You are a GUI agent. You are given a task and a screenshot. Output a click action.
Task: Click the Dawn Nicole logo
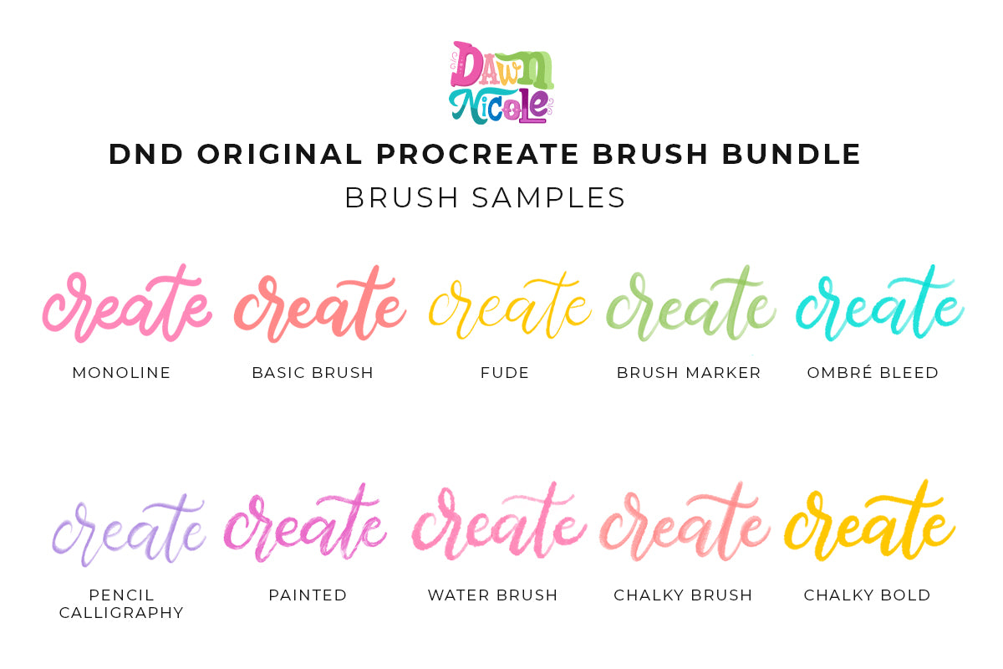coord(501,83)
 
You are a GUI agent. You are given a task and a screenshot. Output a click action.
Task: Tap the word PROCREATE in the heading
coord(478,154)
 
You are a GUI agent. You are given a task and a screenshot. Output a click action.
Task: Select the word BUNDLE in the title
coord(792,154)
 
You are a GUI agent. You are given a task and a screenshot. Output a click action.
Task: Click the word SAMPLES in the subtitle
coord(548,197)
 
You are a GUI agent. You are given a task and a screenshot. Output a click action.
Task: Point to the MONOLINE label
coord(121,373)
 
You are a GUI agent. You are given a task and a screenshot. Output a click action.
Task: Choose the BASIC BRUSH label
coord(313,373)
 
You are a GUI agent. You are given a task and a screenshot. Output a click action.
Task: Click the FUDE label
coord(505,373)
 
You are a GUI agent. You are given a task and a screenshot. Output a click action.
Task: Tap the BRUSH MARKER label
coord(689,373)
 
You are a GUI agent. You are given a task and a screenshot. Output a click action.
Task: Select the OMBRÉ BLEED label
coord(873,372)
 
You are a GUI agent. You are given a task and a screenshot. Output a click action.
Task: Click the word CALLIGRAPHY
coord(121,612)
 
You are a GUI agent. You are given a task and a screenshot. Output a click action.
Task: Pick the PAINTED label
coord(308,595)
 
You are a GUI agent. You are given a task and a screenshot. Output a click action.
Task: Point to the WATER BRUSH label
coord(492,595)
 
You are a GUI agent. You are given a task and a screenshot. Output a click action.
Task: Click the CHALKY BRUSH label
coord(683,595)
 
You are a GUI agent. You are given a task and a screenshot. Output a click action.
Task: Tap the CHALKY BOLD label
coord(868,595)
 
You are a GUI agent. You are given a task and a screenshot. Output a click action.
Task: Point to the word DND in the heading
coord(146,154)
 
